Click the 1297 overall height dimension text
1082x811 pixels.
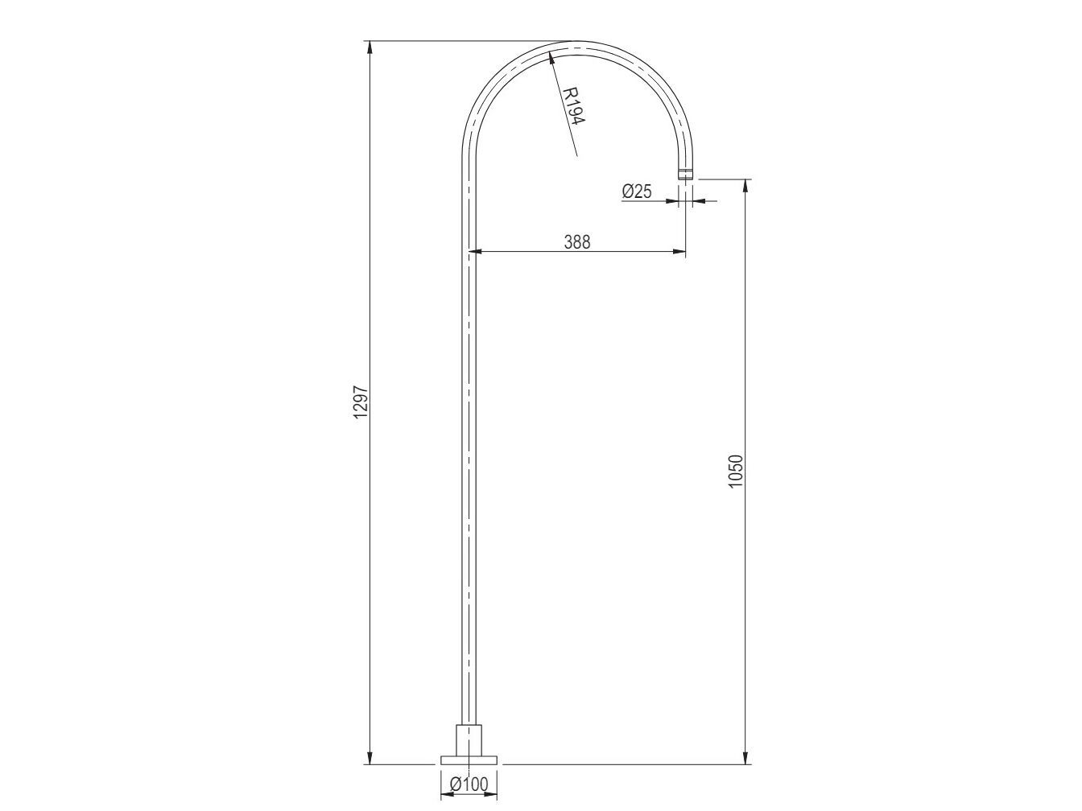(x=361, y=401)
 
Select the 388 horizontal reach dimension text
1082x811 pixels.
(x=576, y=241)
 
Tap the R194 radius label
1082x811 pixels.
(x=573, y=105)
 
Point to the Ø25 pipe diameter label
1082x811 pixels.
(x=637, y=191)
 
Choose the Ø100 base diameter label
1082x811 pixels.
(x=469, y=784)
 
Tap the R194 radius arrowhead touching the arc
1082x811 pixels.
(x=551, y=56)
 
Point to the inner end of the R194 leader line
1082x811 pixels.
(x=576, y=154)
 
